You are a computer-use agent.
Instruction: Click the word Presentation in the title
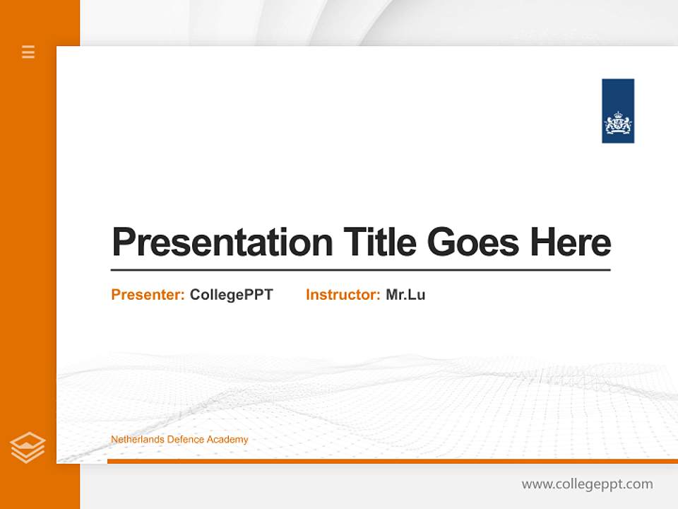[222, 242]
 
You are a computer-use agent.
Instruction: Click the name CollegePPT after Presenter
[231, 295]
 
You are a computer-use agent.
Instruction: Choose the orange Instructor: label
[343, 295]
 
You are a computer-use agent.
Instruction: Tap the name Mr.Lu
[405, 295]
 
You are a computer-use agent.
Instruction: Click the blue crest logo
[618, 111]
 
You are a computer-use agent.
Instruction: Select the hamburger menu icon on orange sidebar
[28, 52]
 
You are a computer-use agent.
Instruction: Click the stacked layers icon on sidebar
[28, 447]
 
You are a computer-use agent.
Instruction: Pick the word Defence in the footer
[186, 440]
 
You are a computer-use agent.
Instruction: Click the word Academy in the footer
[227, 440]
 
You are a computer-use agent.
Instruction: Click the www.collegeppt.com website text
[587, 484]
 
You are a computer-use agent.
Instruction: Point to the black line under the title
[360, 270]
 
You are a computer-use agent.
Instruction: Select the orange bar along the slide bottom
[392, 461]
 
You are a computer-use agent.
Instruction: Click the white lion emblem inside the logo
[618, 124]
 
